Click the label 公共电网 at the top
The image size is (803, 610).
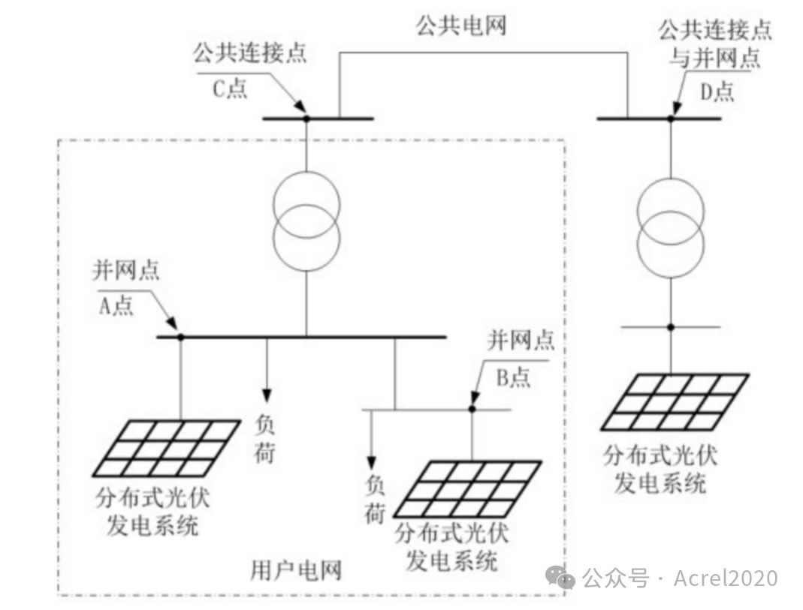click(x=461, y=26)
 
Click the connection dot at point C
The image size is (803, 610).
click(x=306, y=119)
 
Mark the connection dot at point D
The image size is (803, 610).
click(x=671, y=119)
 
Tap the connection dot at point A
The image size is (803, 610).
click(x=180, y=337)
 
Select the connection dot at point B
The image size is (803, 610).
click(x=472, y=409)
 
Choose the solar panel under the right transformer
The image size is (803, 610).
click(x=676, y=402)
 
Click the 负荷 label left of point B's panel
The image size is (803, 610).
click(x=374, y=499)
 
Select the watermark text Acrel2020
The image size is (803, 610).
click(x=725, y=578)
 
